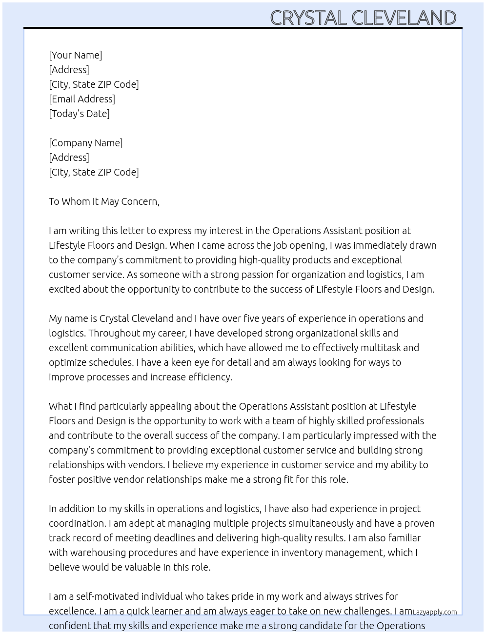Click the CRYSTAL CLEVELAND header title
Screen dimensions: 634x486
(363, 18)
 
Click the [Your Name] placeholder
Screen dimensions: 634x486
(75, 55)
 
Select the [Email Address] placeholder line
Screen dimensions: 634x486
(82, 99)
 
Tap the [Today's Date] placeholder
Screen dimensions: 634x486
(79, 114)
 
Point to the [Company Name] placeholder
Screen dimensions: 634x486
(85, 143)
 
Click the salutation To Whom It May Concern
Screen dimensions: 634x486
(104, 201)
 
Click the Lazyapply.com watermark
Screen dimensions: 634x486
(435, 612)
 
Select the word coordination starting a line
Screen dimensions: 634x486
(77, 523)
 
